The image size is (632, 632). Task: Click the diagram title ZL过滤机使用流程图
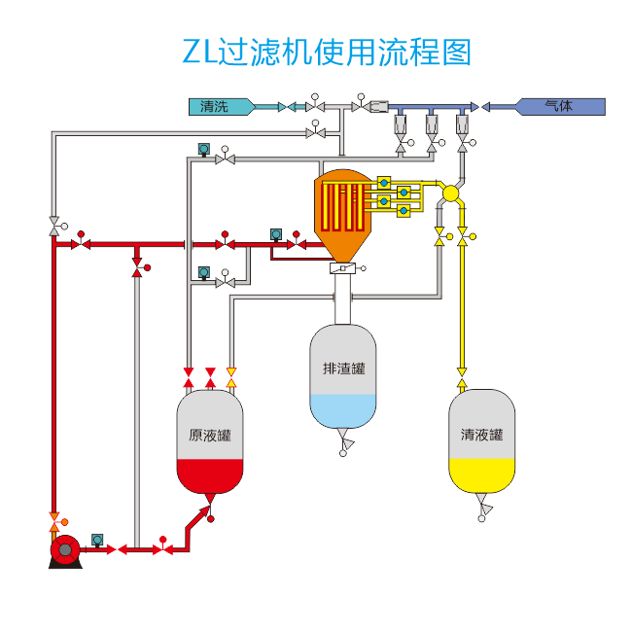pos(327,52)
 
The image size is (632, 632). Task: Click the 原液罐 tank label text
pos(209,435)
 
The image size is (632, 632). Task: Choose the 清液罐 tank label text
pos(481,435)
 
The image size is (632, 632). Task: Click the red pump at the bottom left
pos(64,550)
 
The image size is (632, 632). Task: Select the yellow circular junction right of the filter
pos(450,193)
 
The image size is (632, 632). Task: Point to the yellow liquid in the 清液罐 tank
pos(481,474)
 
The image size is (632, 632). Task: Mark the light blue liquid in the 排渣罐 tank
pos(342,408)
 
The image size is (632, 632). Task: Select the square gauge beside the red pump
pos(97,539)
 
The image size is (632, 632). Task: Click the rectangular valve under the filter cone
pos(343,268)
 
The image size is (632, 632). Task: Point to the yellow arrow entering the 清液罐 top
pos(462,371)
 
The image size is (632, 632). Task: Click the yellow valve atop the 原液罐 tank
pos(231,371)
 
